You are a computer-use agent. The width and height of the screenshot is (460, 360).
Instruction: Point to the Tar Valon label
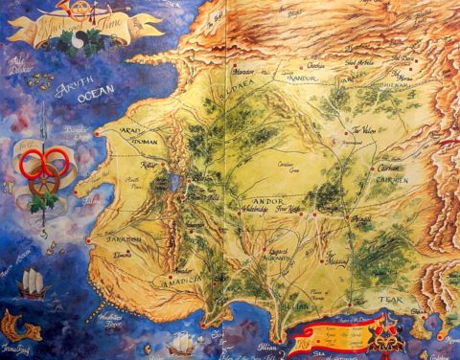coord(362,130)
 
